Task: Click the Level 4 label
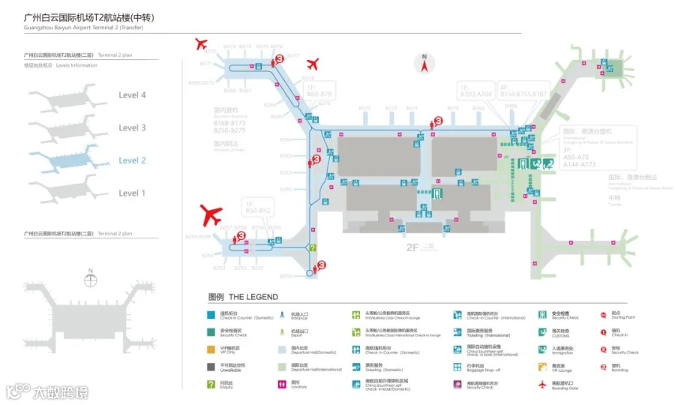coord(132,95)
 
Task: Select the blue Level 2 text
coord(132,160)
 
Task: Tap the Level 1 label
coord(132,193)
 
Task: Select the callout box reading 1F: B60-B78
coord(318,91)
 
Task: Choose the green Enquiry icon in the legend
coord(211,385)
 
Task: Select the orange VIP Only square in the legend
coord(211,349)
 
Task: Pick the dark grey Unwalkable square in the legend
coord(211,367)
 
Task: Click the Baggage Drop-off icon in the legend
coord(457,367)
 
